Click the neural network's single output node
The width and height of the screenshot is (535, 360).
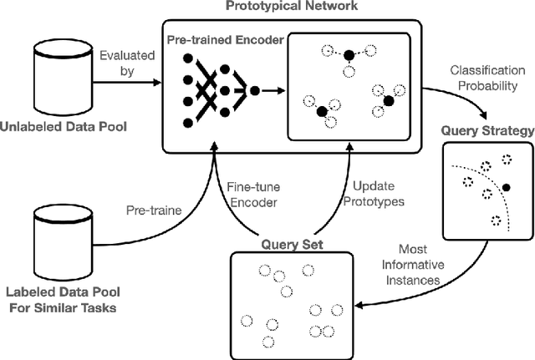[254, 89]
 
